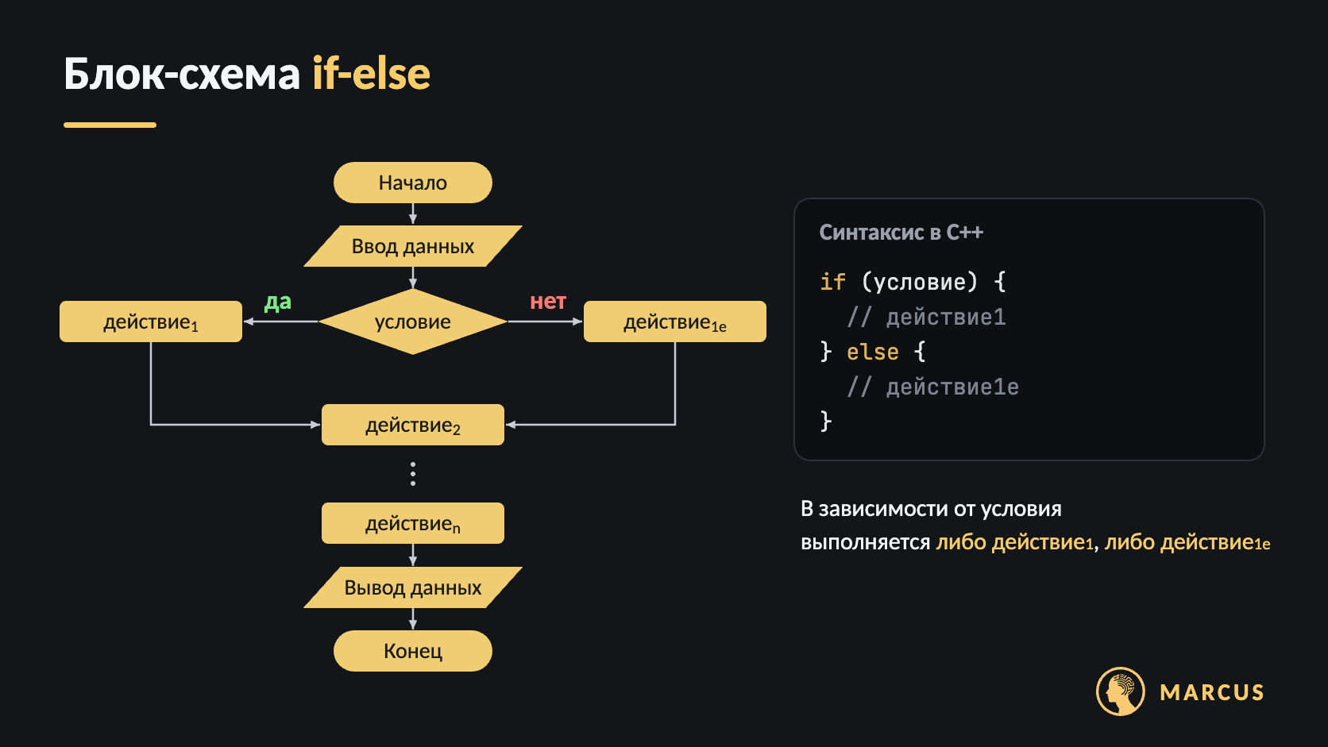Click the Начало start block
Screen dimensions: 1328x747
tap(413, 183)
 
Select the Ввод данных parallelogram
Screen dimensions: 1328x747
tap(413, 246)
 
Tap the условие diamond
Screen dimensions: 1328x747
tap(413, 322)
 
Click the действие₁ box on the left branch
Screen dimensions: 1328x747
tap(151, 322)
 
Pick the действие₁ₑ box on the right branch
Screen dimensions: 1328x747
tap(674, 322)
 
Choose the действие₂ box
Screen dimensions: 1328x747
tap(413, 425)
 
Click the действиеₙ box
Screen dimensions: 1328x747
tap(413, 523)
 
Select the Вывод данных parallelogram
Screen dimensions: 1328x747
tap(413, 587)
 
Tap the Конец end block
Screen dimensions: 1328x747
tap(413, 651)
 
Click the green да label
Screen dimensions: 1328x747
tap(277, 302)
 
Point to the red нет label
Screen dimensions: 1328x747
tap(548, 302)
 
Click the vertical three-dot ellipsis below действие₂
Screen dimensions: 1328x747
tap(413, 474)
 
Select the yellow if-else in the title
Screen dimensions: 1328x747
tap(371, 74)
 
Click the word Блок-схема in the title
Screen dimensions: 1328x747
tap(182, 74)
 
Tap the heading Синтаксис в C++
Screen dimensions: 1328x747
tap(901, 233)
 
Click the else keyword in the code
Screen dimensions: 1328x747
tap(873, 352)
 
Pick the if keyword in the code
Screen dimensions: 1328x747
tap(832, 282)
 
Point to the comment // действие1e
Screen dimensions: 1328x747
tap(933, 387)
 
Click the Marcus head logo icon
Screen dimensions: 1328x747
tap(1120, 691)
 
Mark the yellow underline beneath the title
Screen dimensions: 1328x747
tap(110, 125)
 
